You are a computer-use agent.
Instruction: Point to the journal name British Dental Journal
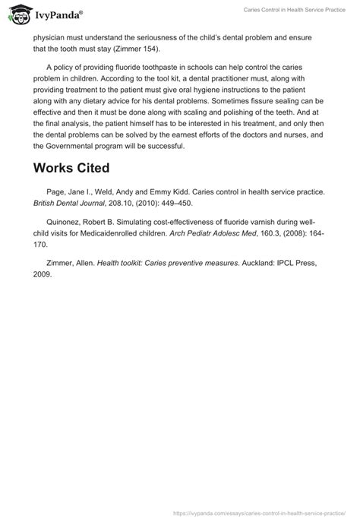[71, 207]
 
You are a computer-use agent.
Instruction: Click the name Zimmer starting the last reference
[62, 263]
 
